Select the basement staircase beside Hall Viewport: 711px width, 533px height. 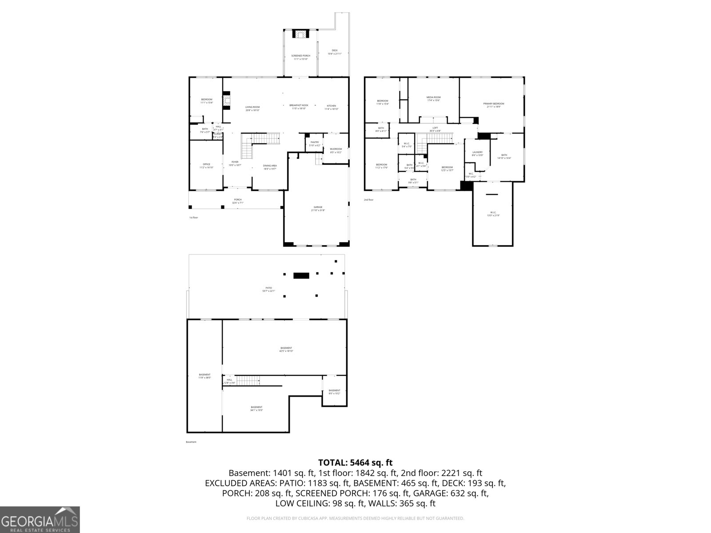[x=247, y=381]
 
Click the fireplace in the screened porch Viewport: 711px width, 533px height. [x=300, y=34]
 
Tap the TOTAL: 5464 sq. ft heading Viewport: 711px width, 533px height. [x=355, y=463]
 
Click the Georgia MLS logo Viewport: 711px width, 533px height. [x=40, y=520]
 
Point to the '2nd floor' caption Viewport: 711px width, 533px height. [x=368, y=200]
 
